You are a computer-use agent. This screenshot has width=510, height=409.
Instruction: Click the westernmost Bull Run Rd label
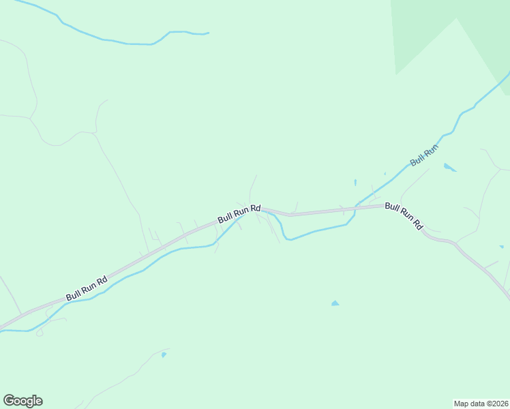point(87,288)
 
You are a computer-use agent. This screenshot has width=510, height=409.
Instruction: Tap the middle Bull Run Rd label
point(239,213)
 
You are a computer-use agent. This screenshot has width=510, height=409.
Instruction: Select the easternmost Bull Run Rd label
point(404,215)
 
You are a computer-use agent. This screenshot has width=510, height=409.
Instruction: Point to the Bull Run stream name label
point(424,155)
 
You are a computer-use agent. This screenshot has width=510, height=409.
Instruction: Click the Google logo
point(22,401)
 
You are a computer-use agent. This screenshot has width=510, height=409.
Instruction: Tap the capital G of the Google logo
point(8,401)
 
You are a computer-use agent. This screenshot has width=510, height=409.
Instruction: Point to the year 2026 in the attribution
point(498,403)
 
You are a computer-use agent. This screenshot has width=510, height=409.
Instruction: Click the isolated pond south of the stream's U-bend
point(335,303)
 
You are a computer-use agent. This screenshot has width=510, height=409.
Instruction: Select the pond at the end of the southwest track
point(164,354)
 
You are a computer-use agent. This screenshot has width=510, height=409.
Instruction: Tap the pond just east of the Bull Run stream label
point(449,167)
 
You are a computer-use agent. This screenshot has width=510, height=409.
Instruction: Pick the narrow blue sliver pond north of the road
point(355,183)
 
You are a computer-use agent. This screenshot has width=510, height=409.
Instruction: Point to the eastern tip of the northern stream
point(207,33)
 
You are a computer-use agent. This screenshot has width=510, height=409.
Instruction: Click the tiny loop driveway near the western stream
point(40,333)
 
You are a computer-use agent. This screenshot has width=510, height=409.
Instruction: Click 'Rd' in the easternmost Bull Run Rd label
point(418,225)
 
